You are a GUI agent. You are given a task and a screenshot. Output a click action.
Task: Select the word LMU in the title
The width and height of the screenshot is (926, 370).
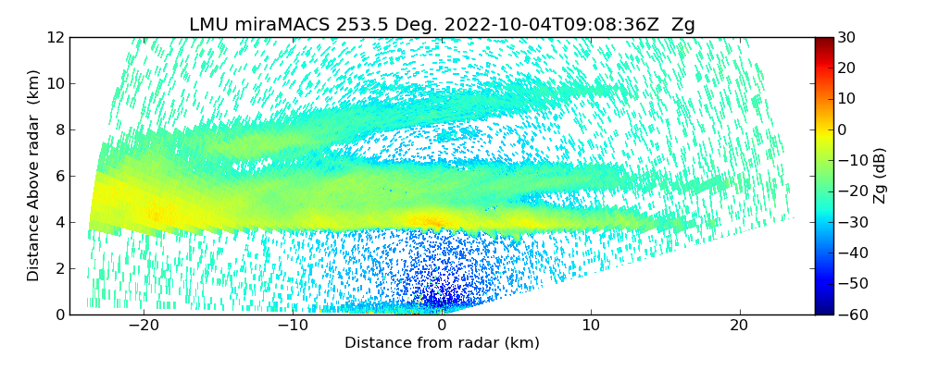click(209, 25)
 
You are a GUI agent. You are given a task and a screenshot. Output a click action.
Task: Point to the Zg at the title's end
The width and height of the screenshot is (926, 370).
click(683, 25)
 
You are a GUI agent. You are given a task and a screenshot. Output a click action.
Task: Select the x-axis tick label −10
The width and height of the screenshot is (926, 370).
click(293, 326)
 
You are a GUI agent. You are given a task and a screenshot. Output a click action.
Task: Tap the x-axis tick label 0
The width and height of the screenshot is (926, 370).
click(442, 326)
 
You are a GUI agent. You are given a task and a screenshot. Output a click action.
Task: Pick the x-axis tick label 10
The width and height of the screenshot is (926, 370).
click(591, 326)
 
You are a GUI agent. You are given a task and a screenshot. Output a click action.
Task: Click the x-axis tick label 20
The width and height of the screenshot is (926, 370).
click(739, 326)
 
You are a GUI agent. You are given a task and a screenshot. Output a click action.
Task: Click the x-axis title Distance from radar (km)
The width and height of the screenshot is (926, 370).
click(442, 343)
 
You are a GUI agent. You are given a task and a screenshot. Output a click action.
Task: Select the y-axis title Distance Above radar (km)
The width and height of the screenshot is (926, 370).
click(33, 176)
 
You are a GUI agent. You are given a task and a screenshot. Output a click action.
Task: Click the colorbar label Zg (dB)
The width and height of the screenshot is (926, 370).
click(879, 176)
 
